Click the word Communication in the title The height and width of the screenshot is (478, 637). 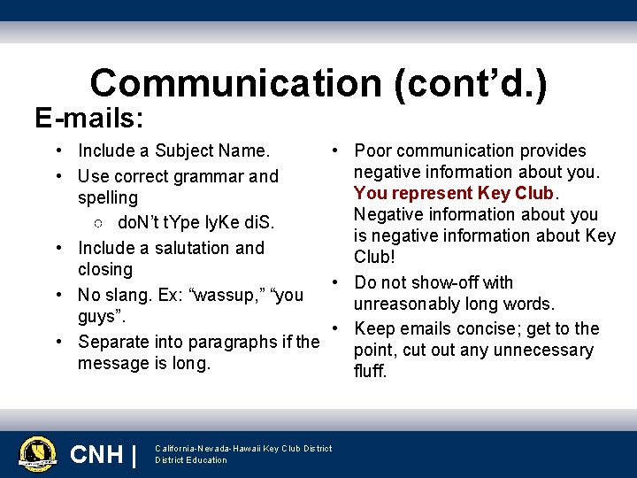(235, 83)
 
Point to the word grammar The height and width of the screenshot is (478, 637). (211, 176)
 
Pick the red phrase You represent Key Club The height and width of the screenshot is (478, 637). (454, 193)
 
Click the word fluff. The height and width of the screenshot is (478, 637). (371, 371)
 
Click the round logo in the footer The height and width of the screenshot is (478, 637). (37, 454)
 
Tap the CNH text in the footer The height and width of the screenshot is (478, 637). (96, 455)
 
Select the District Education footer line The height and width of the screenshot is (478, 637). (191, 460)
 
